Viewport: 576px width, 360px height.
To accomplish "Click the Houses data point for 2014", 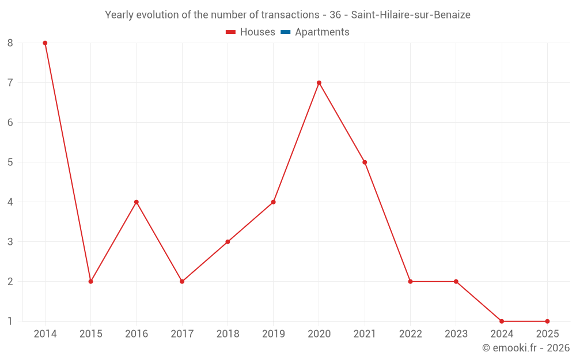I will (x=45, y=43).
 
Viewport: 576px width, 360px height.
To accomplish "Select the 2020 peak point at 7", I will (x=319, y=83).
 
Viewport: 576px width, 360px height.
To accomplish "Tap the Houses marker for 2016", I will (x=137, y=202).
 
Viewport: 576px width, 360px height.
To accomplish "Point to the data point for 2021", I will (x=365, y=162).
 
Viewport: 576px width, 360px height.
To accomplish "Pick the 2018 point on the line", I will (x=228, y=242).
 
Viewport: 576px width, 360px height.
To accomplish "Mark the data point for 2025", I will (x=547, y=321).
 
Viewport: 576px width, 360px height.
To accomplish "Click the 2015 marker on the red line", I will (x=90, y=282).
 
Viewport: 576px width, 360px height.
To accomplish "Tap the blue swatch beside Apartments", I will (x=286, y=32).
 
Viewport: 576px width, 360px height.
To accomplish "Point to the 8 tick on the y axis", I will (x=10, y=43).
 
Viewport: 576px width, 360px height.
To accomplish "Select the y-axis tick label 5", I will (x=10, y=162).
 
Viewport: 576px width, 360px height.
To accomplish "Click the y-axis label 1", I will (x=10, y=321).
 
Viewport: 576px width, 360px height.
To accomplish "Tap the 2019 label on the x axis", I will (x=273, y=334).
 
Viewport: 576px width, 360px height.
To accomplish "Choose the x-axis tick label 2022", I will (x=410, y=334).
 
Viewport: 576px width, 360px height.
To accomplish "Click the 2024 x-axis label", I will (x=502, y=334).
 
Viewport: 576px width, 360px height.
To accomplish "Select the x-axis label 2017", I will (x=182, y=334).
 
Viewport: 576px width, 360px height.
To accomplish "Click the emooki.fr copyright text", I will (x=525, y=348).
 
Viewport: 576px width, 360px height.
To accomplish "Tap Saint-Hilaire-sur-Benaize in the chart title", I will (x=411, y=15).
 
